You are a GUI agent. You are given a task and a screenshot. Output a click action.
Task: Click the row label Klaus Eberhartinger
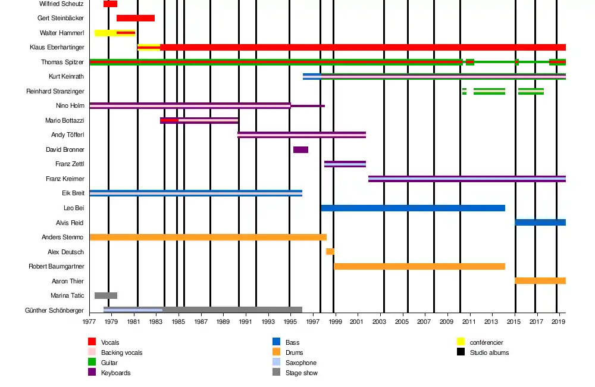pos(57,47)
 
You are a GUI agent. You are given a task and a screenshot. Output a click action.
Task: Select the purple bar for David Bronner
pos(300,149)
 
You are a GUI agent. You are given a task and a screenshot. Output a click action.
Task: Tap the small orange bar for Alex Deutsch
pos(330,251)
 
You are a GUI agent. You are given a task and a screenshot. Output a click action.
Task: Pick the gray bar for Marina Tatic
pos(106,295)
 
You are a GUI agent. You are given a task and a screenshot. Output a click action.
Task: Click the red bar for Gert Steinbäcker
pos(136,18)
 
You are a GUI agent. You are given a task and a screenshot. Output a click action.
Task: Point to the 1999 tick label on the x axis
pos(336,322)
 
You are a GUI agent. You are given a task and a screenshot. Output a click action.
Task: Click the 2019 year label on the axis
pos(559,322)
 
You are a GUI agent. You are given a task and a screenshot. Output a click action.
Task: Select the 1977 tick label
pos(90,322)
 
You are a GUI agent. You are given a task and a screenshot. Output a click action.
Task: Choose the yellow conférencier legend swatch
pos(461,342)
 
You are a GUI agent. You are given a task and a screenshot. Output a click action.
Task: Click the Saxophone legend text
pos(301,363)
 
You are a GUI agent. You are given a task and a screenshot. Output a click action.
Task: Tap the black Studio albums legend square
pos(461,352)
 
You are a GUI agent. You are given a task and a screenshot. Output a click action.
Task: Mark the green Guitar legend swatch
pos(92,362)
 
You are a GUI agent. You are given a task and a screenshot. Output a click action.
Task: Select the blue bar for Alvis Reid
pos(540,222)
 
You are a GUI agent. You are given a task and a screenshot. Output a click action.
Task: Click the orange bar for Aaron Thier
pos(540,280)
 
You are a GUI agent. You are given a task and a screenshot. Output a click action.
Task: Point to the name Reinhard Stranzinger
pos(55,91)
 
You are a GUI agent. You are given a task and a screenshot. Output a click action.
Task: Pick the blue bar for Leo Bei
pos(413,208)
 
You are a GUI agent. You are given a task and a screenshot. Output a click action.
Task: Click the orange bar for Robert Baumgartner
pos(419,266)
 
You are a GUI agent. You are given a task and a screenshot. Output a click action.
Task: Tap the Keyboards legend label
pos(115,373)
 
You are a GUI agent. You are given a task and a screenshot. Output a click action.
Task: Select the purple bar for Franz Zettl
pos(345,164)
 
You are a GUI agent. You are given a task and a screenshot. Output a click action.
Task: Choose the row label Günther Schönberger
pos(54,310)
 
